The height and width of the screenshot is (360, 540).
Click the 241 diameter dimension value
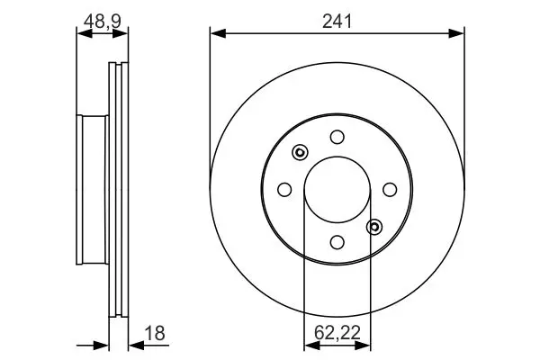(x=337, y=22)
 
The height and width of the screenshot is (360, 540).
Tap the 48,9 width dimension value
(x=103, y=22)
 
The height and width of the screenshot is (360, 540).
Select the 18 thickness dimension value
(x=155, y=334)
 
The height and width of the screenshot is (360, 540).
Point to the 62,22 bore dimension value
(x=337, y=333)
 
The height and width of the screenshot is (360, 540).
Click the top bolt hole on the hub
(x=337, y=137)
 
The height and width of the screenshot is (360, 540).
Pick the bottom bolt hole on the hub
(x=337, y=242)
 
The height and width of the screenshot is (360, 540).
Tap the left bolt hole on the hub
(x=284, y=190)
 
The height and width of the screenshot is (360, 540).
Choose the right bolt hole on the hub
(x=390, y=190)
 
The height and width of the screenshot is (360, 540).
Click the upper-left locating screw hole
(x=300, y=152)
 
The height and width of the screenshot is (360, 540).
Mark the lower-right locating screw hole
(x=374, y=227)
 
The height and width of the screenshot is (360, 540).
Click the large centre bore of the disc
(x=337, y=190)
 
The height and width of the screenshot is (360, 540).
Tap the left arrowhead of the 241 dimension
(x=218, y=33)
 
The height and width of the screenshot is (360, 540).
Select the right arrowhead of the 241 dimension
(x=456, y=33)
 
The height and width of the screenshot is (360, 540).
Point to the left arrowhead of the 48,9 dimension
(x=85, y=33)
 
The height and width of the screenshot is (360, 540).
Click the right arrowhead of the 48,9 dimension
(x=121, y=33)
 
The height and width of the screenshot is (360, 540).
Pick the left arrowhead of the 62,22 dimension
(x=312, y=345)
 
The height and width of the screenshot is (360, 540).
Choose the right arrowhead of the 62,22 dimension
(x=363, y=345)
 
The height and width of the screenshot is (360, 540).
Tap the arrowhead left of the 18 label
(x=137, y=345)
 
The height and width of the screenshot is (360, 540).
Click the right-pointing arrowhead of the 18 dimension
(x=101, y=345)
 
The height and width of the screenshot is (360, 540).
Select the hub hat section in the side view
(x=93, y=190)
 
